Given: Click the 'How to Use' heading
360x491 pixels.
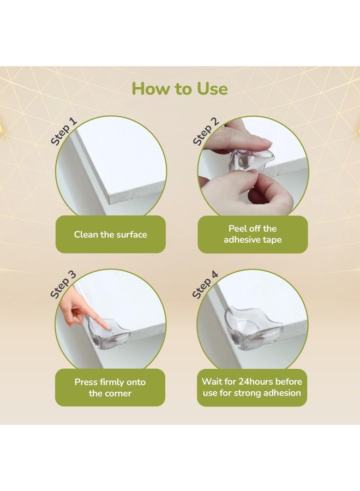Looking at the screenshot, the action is click(x=179, y=88).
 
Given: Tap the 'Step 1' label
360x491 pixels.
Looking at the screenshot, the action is click(x=64, y=131).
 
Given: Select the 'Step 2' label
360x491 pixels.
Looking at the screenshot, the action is click(x=206, y=131).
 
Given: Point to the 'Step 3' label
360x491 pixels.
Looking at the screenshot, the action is click(x=63, y=284).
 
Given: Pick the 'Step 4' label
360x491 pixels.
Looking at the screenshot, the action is click(x=205, y=284).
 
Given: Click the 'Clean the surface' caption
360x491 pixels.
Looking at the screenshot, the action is click(x=111, y=235).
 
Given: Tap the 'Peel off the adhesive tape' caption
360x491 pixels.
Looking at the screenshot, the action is click(x=253, y=234).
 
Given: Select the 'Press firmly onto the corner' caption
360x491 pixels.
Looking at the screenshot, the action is click(x=110, y=388).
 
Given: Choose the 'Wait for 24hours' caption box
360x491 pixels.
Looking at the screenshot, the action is click(x=252, y=388).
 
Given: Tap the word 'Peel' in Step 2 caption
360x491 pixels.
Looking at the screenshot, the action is click(x=237, y=229).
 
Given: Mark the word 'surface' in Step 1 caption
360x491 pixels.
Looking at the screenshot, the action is click(x=131, y=235).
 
